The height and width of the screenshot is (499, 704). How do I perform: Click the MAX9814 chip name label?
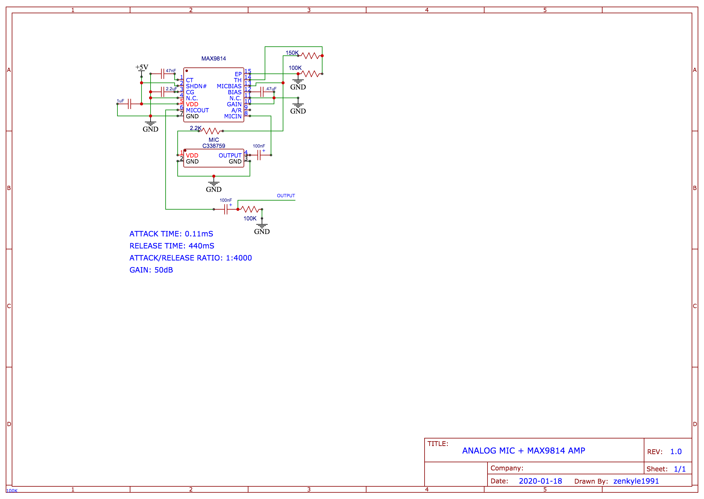pos(213,59)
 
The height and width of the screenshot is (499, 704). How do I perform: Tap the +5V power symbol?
pos(142,67)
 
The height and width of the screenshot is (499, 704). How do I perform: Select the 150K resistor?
pos(310,56)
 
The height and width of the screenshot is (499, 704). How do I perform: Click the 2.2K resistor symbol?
pos(211,131)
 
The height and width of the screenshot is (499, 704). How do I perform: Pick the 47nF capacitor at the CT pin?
pos(163,74)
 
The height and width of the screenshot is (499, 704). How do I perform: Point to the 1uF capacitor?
pos(129,104)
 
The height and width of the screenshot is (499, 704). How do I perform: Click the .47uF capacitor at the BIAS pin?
pos(262,92)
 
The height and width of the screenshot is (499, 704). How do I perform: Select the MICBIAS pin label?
pos(229,86)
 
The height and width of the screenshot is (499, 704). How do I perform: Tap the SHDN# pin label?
pos(196,86)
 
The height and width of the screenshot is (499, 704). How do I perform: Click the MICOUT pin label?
pos(197,110)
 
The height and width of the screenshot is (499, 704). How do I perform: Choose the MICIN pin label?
pos(232,117)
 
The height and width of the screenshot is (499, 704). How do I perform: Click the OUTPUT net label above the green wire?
pos(286,196)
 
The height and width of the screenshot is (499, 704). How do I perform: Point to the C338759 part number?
pos(213,146)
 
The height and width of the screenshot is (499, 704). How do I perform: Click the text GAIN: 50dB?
pos(151,270)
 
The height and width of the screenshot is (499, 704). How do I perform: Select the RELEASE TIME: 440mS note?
pos(172,246)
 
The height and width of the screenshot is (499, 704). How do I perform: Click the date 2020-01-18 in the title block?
pos(540,481)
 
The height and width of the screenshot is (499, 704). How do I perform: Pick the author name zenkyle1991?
pos(636,481)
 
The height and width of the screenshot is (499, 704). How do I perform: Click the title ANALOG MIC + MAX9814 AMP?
pos(523,451)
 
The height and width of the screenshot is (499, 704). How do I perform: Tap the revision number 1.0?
pos(675,452)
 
